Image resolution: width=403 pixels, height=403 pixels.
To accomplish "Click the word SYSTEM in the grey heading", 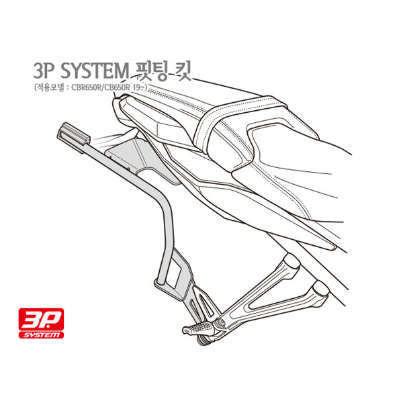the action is click(94, 71).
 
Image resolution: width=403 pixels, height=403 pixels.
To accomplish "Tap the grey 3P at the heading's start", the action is click(44, 71).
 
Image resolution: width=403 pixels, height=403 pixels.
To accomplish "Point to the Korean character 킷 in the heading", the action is click(183, 71).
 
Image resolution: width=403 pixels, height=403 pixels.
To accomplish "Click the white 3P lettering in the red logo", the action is click(41, 319).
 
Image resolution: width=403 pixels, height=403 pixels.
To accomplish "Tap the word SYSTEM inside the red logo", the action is click(42, 335).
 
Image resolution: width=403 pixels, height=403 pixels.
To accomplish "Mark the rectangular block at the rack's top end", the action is click(73, 136).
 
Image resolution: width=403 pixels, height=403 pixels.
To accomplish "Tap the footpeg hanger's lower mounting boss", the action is click(320, 289).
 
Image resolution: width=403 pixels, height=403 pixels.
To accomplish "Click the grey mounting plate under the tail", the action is click(141, 160).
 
